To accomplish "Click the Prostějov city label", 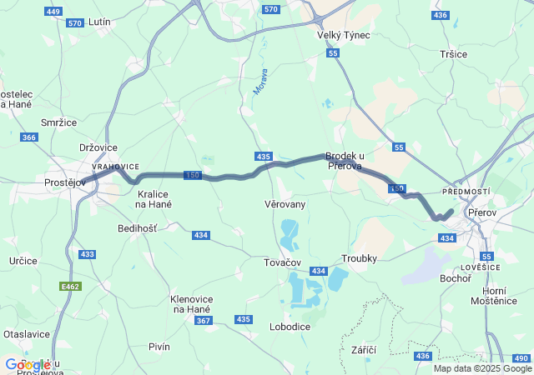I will [66, 182].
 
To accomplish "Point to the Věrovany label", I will [285, 204].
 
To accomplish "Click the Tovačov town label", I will [283, 262].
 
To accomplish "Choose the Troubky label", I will [360, 258].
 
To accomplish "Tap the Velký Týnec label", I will [343, 35].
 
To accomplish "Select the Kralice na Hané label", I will [154, 199].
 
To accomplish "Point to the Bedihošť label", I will [137, 227].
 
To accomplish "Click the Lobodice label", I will [290, 327].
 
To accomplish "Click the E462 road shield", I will [71, 286].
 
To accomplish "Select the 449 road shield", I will [54, 12].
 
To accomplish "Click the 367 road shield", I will [203, 321].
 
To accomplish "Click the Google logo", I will [28, 365].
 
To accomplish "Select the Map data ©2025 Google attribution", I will [481, 368].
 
